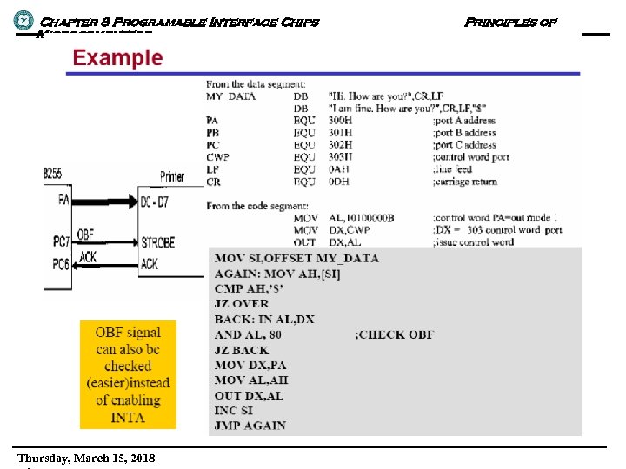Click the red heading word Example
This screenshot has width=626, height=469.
[x=117, y=58]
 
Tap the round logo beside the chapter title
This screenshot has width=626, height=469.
[x=23, y=18]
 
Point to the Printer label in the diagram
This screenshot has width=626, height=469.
[x=172, y=176]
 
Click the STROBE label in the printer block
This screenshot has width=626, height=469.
[x=158, y=242]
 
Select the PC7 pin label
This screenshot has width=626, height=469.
[x=61, y=240]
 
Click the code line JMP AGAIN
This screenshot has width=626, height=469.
[x=250, y=426]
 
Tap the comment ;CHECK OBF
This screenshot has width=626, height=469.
[x=395, y=334]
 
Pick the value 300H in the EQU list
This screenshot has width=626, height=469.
[x=340, y=121]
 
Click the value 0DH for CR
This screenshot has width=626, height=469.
[x=339, y=182]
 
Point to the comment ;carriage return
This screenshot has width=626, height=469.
[x=465, y=182]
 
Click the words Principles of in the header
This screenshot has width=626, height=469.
[x=510, y=22]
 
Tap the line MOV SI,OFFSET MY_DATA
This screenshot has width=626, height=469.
[x=296, y=258]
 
